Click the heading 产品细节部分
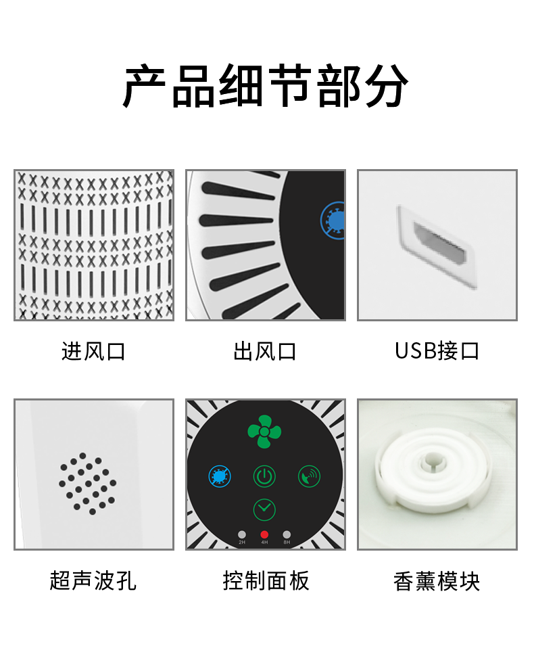pos(266,86)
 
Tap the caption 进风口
pos(93,352)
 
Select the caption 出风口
pos(265,352)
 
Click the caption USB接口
pos(437,351)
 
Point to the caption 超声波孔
pos(93,581)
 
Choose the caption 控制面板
pos(266,581)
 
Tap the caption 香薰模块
pos(437,581)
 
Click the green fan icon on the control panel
pos(264,432)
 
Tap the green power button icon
pos(264,476)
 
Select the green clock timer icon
pos(264,509)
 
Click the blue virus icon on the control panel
pos(220,476)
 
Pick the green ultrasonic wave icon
pos(309,476)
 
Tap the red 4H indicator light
pos(264,534)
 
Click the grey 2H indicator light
pos(242,534)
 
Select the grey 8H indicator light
pos(287,534)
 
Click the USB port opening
pos(439,244)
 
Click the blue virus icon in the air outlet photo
pos(333,221)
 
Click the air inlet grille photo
pos(94,245)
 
